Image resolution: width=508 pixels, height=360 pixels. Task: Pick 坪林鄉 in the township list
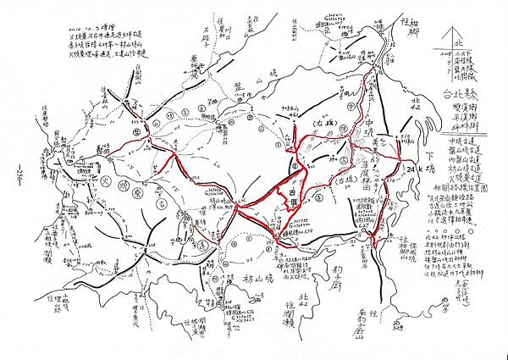469,119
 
